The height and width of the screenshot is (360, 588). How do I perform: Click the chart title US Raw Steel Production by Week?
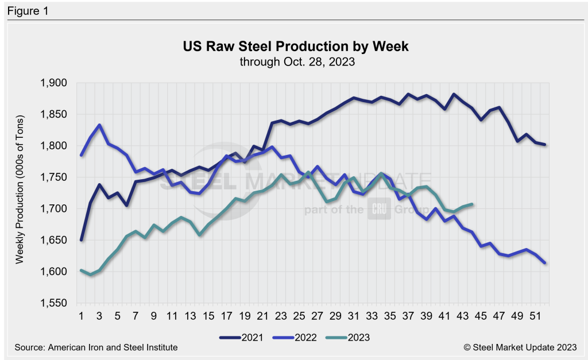pyautogui.click(x=296, y=47)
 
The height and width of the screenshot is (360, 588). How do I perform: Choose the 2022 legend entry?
pyautogui.click(x=299, y=336)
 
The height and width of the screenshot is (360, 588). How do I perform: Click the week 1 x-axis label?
pyautogui.click(x=82, y=316)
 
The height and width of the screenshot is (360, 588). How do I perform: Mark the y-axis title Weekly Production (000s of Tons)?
pyautogui.click(x=20, y=193)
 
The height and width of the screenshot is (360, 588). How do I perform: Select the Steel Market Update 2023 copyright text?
pyautogui.click(x=515, y=347)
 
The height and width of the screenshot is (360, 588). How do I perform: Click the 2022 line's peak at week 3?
pyautogui.click(x=99, y=125)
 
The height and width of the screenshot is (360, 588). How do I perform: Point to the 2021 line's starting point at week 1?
pyautogui.click(x=82, y=240)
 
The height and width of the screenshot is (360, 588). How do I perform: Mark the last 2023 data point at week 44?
pyautogui.click(x=472, y=204)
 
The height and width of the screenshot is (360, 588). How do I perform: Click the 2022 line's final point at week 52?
pyautogui.click(x=544, y=263)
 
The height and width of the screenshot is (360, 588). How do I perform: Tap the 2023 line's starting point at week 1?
pyautogui.click(x=82, y=270)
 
